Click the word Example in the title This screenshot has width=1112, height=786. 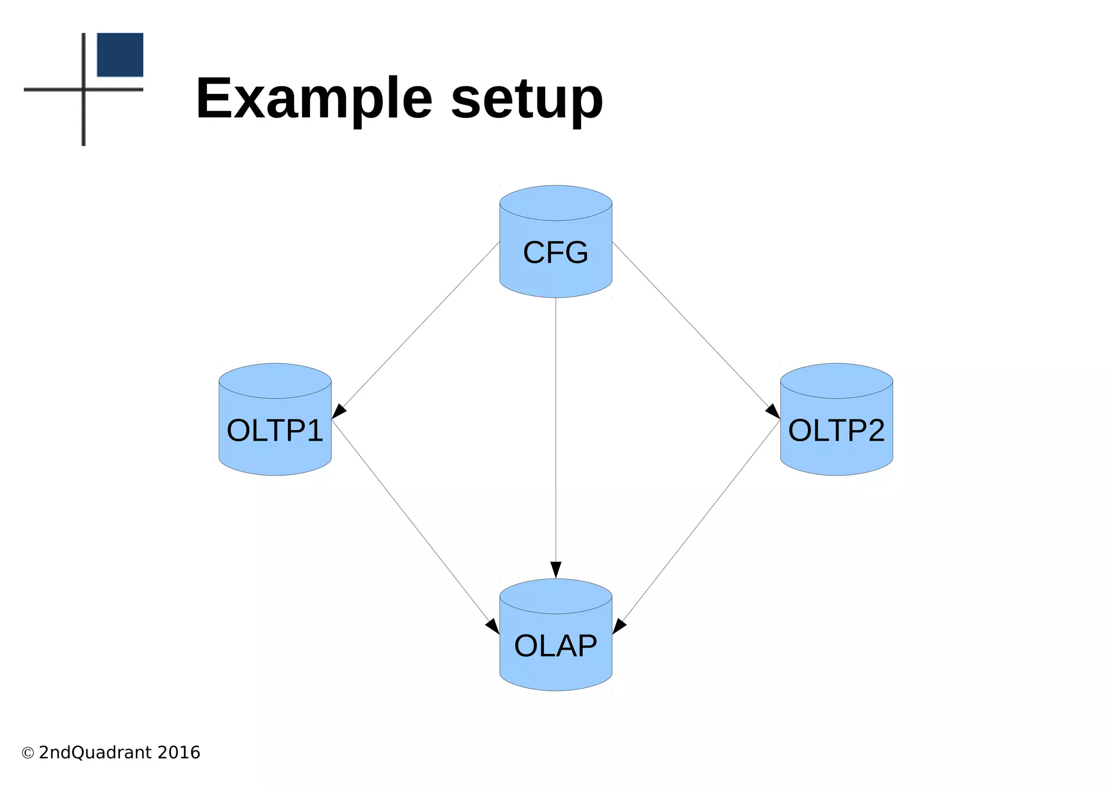(314, 99)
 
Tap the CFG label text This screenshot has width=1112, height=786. (555, 253)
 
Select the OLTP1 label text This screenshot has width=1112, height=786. (275, 430)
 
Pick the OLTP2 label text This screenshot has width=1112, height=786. (836, 430)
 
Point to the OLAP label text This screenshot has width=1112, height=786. (555, 646)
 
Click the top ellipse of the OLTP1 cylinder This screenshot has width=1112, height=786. (275, 381)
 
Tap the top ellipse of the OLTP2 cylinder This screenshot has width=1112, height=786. (836, 381)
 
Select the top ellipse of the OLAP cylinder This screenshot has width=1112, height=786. (555, 596)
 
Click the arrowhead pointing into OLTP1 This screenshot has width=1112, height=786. (339, 411)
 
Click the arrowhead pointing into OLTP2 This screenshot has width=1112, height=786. (773, 411)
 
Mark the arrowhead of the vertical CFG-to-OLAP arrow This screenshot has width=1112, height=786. (555, 570)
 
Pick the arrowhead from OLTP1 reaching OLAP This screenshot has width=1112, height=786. (492, 626)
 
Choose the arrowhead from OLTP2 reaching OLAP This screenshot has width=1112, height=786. (619, 626)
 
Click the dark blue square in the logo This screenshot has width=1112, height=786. (120, 55)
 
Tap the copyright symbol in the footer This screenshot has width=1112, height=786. (28, 753)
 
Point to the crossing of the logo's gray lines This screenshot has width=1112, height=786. (84, 89)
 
